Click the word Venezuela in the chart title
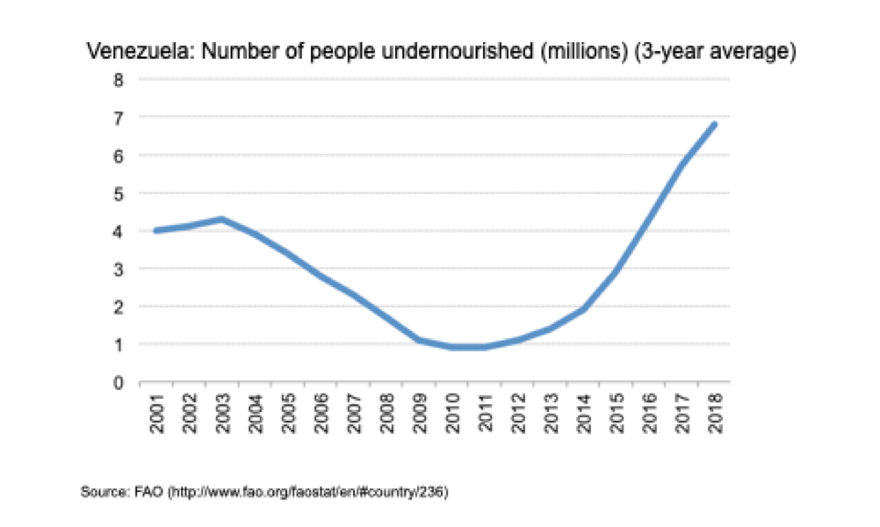pos(141,51)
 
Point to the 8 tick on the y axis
pos(118,80)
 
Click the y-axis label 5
pos(118,194)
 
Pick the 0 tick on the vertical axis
pos(118,383)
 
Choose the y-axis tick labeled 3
pos(118,270)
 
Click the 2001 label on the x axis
pos(157,414)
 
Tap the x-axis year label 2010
pos(452,414)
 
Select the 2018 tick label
pos(715,414)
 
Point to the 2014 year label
pos(584,414)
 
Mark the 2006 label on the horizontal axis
pos(321,414)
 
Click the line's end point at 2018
pos(714,124)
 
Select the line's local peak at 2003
pos(222,219)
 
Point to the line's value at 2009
pos(419,340)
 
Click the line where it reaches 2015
pos(617,272)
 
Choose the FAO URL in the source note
pos(308,493)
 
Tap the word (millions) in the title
pos(584,52)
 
